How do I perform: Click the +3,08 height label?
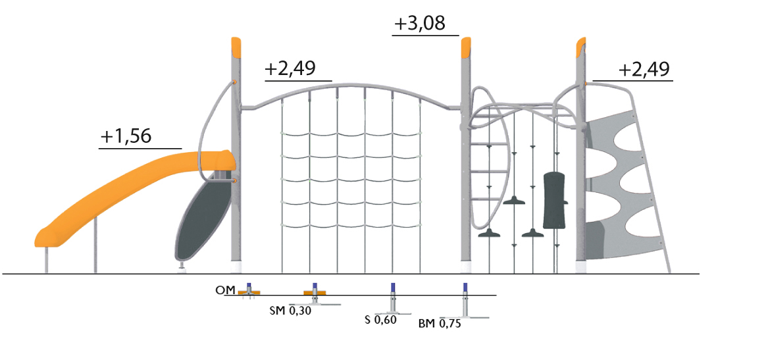[x=419, y=24]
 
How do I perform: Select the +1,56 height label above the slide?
[x=126, y=136]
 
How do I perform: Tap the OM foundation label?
[x=225, y=291]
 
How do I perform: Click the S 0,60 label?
[x=380, y=321]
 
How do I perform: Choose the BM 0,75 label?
[x=440, y=324]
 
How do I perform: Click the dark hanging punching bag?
[x=555, y=200]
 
